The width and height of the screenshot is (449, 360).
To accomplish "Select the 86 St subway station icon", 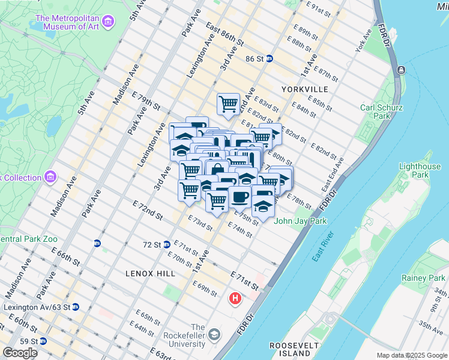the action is pyautogui.click(x=270, y=59).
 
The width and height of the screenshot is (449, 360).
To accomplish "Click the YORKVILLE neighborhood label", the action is pyautogui.click(x=304, y=89).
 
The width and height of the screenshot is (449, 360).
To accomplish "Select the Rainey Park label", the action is pyautogui.click(x=423, y=278).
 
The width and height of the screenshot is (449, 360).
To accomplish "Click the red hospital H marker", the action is pyautogui.click(x=236, y=298).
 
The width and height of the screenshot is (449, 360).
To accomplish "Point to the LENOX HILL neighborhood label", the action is pyautogui.click(x=150, y=273).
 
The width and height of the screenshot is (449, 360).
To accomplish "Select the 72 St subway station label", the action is pyautogui.click(x=152, y=245).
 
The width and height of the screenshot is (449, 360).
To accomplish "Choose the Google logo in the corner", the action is pyautogui.click(x=20, y=353).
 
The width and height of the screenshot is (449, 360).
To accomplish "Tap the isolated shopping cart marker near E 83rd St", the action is pyautogui.click(x=228, y=104).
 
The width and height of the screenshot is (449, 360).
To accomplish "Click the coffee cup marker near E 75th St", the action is pyautogui.click(x=240, y=197).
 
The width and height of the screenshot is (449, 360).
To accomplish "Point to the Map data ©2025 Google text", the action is pyautogui.click(x=412, y=355).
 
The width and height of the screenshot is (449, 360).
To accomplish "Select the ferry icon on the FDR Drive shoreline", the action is pyautogui.click(x=400, y=70).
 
